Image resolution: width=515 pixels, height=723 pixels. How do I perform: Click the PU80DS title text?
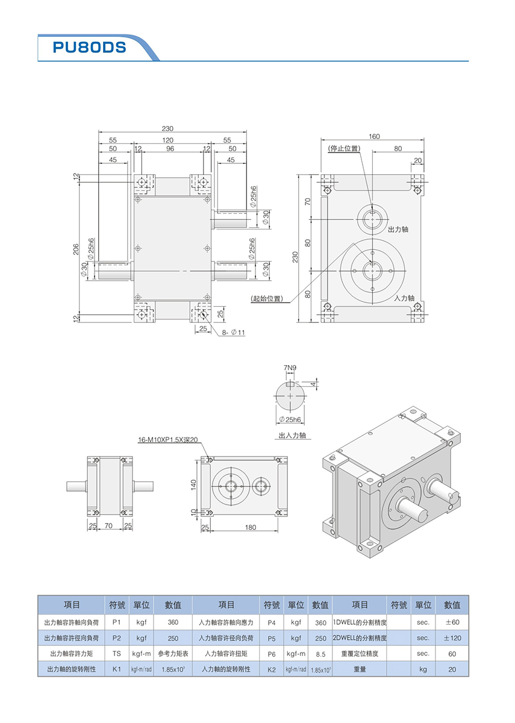point(89,48)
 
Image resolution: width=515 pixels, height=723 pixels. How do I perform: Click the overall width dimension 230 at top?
point(167,128)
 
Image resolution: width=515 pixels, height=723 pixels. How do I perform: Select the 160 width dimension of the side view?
point(375,136)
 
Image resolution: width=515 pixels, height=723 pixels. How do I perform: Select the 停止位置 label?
point(343,148)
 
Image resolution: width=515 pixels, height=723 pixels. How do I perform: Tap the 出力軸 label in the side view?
point(398,230)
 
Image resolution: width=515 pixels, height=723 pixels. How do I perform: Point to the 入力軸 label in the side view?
point(404,298)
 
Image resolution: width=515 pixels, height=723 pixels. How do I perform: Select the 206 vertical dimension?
point(76,249)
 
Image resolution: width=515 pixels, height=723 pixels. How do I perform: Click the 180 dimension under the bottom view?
point(251,528)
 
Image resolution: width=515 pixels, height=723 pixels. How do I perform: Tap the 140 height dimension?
point(193,485)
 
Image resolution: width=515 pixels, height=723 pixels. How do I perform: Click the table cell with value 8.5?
point(320,654)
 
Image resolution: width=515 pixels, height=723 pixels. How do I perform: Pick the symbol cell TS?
point(117,654)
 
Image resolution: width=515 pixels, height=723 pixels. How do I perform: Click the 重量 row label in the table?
point(360,669)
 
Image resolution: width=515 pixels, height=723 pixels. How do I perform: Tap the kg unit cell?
point(423,669)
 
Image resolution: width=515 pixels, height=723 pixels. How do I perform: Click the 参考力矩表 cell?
point(173,654)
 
